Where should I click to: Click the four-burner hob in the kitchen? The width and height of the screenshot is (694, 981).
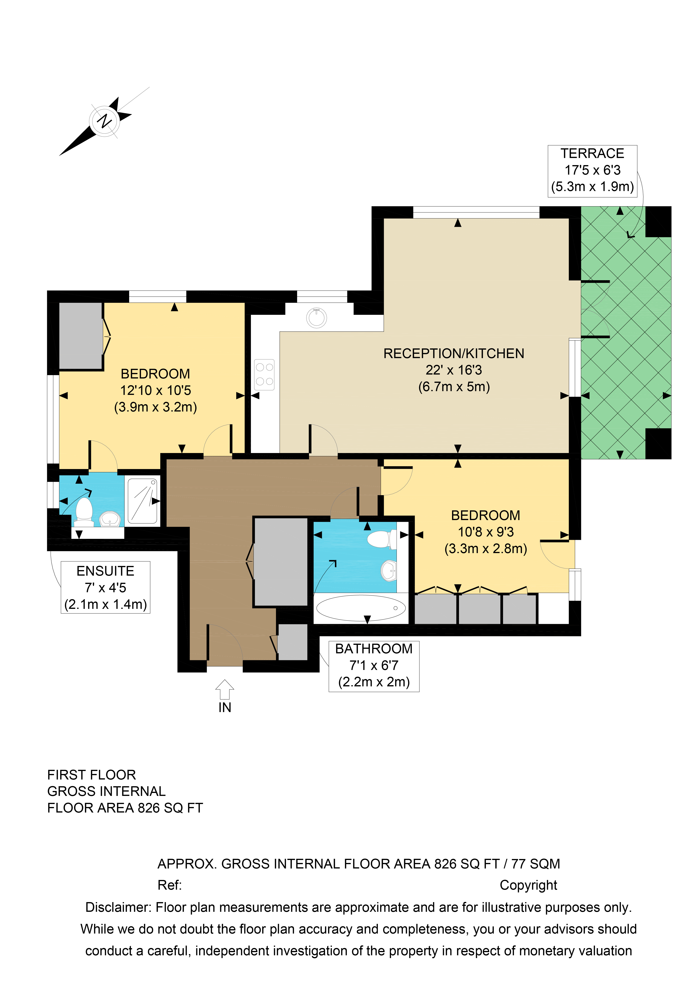coord(264,374)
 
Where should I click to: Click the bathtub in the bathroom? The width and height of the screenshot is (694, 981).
coord(361,608)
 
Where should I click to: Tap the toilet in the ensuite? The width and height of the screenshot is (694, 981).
coord(84,512)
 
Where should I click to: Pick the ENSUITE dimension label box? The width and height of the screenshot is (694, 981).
coord(106,587)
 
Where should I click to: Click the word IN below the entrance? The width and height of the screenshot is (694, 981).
coord(225,708)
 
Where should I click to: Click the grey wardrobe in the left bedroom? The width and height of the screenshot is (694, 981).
coord(80,335)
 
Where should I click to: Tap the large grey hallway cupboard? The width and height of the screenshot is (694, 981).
coord(281,562)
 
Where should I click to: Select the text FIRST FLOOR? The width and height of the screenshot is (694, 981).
coord(91,775)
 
